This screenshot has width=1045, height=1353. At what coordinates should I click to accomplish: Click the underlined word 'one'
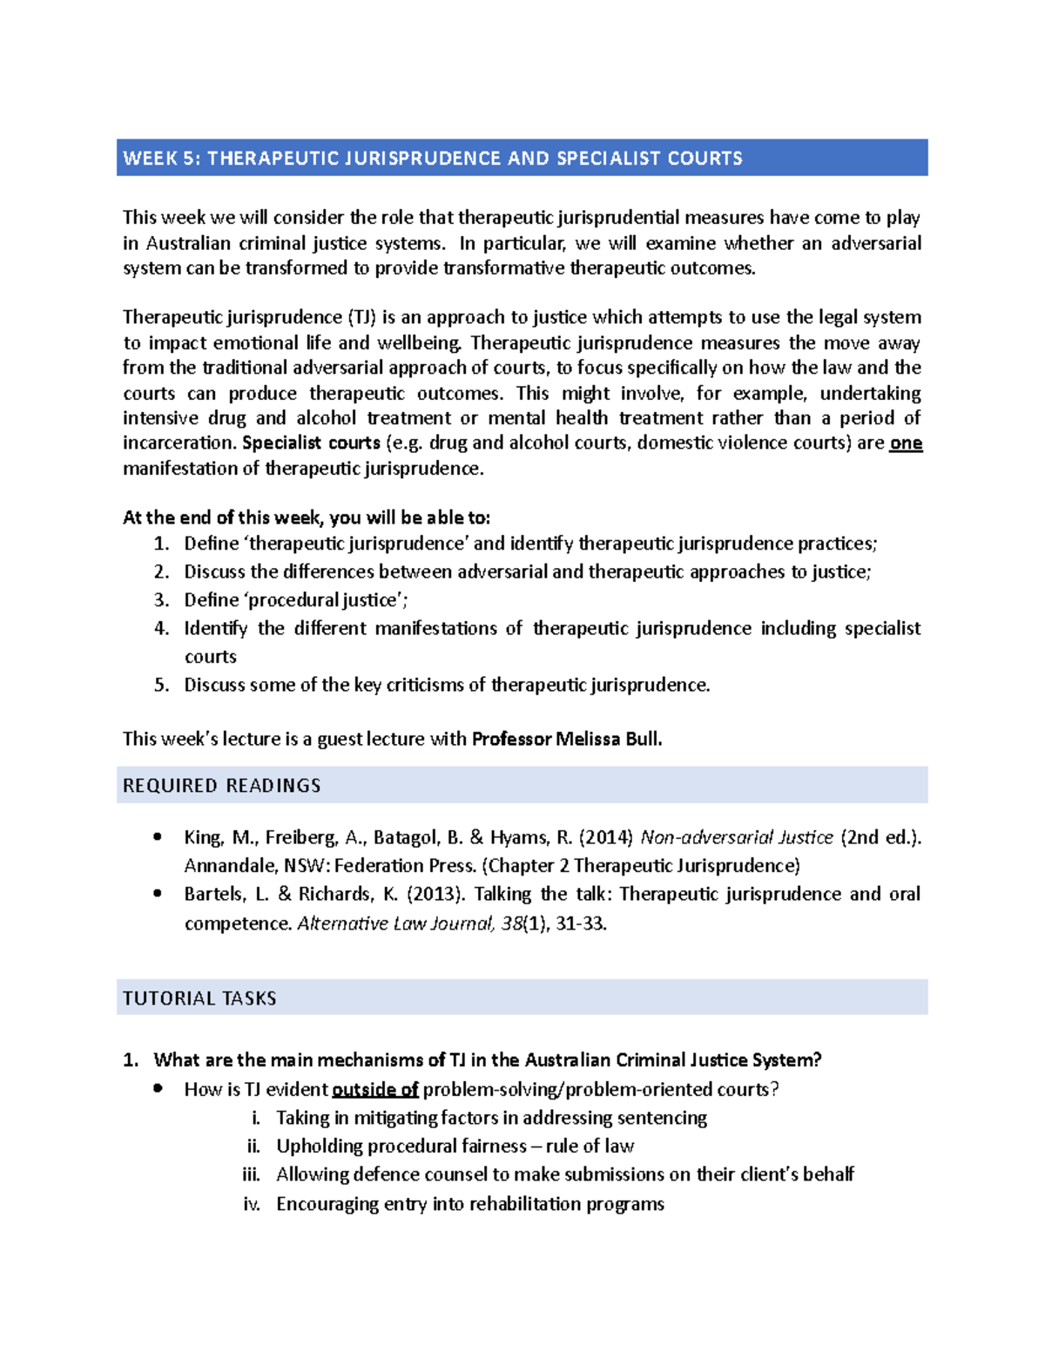tap(906, 443)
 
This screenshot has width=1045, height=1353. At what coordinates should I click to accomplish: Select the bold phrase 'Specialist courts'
tap(311, 443)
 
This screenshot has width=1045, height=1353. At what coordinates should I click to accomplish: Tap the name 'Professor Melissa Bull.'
tap(567, 739)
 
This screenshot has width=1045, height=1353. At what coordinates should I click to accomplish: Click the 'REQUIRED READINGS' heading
tap(222, 786)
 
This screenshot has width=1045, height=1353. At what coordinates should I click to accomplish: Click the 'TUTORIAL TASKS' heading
tap(199, 998)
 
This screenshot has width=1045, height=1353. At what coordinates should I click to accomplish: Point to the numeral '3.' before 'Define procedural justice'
tap(161, 600)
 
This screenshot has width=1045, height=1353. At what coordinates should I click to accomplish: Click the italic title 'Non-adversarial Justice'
tap(737, 837)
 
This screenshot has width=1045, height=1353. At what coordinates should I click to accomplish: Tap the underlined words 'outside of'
tap(375, 1089)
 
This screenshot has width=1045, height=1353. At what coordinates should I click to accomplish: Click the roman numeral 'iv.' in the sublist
tap(252, 1204)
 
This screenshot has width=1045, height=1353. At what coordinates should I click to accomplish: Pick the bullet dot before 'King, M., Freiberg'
tap(158, 836)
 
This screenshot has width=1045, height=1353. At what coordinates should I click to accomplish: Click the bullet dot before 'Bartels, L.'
tap(158, 893)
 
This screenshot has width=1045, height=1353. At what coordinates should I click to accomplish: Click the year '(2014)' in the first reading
tap(606, 837)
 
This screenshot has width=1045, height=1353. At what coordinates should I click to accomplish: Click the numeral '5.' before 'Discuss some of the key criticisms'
tap(161, 685)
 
